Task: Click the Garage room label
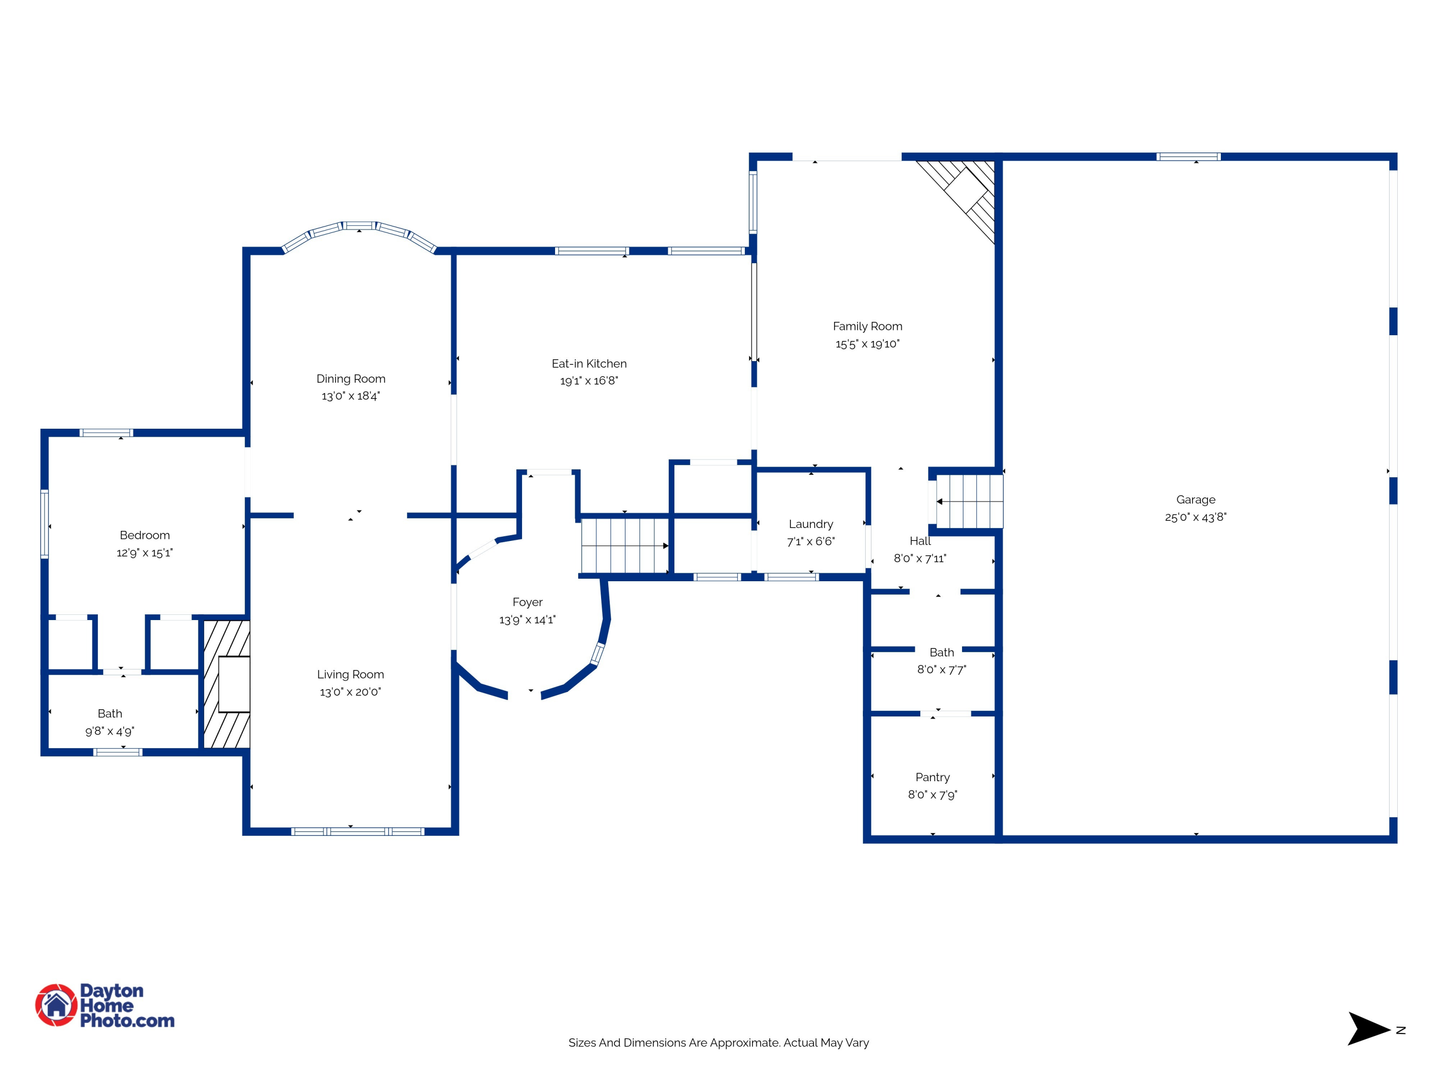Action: (1195, 500)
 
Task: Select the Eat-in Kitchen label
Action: (589, 364)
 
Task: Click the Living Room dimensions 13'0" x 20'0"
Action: (350, 692)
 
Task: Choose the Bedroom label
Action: (145, 535)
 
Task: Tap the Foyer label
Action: (527, 603)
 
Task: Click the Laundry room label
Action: (811, 524)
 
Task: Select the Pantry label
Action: (932, 777)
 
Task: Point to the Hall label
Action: (920, 540)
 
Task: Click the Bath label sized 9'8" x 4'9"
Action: (110, 714)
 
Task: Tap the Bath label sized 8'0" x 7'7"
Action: (941, 652)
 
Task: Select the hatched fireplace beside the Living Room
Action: (226, 684)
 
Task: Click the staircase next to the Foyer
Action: (625, 545)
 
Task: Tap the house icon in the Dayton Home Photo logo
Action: (57, 1005)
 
